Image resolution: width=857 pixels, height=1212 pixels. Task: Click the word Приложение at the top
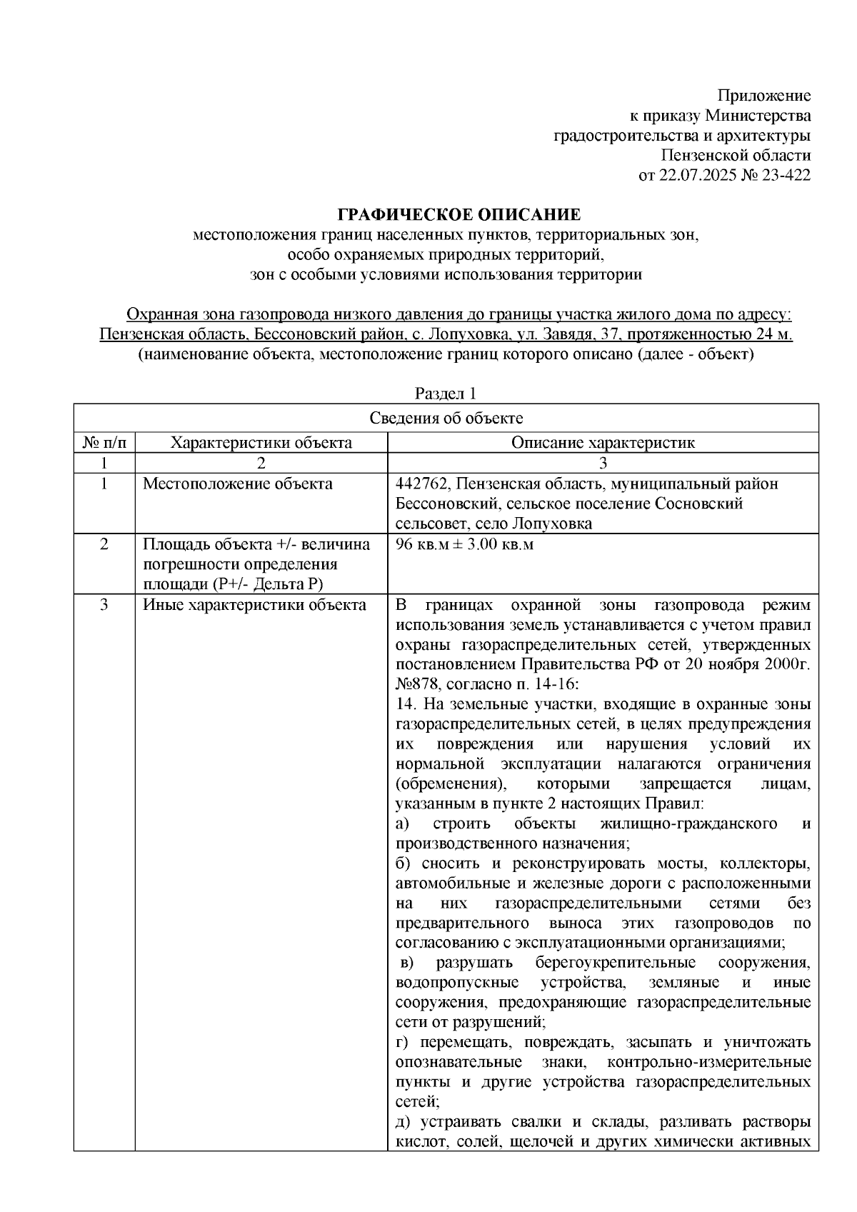point(764,96)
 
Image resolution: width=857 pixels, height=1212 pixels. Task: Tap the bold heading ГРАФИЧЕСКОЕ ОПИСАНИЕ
point(459,215)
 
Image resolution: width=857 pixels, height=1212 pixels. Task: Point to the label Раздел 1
point(446,394)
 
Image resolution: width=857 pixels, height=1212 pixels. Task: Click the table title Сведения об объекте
point(446,419)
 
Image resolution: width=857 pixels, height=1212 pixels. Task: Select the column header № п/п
point(104,442)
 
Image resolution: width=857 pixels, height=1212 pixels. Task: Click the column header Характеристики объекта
point(261,442)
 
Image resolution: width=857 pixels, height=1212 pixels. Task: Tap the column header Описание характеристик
point(603,442)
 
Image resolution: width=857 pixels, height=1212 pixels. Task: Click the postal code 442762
point(420,484)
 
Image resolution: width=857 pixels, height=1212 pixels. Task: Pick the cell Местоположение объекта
point(238,484)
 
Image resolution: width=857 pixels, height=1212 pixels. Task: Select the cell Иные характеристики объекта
point(255,606)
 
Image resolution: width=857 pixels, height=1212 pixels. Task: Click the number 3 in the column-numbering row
point(603,463)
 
